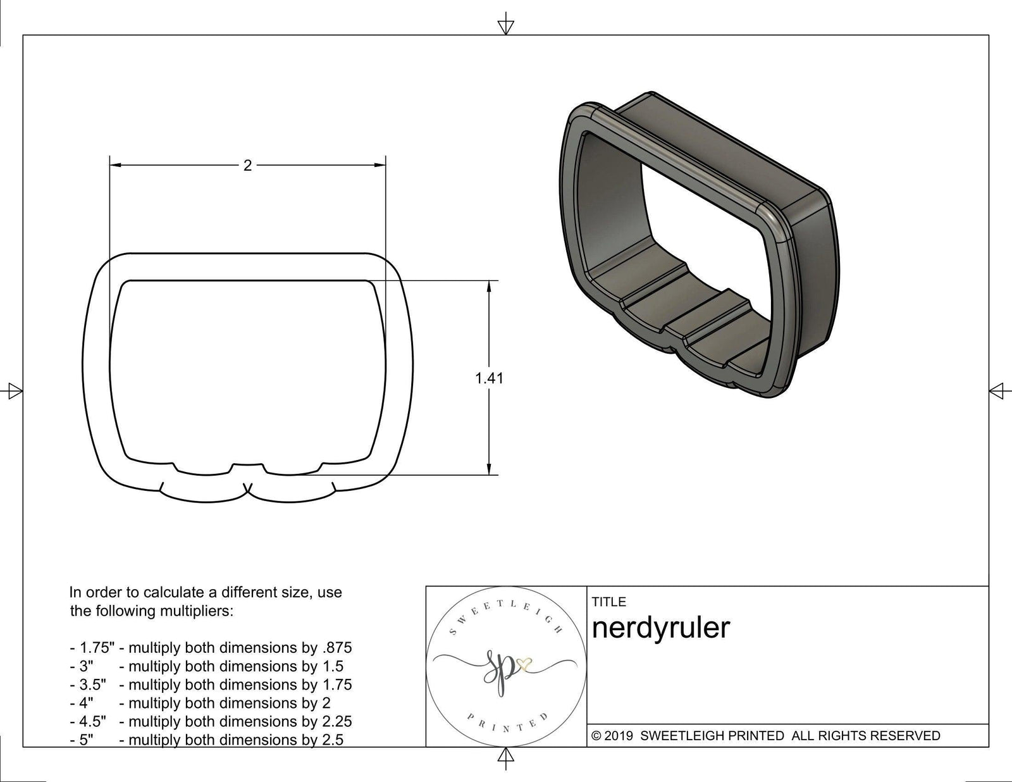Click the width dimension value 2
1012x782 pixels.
click(x=247, y=165)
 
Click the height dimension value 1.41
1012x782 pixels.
click(x=489, y=378)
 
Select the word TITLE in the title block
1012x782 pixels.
click(x=608, y=602)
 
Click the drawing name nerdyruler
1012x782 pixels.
click(x=660, y=628)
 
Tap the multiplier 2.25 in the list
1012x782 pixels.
click(x=336, y=721)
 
